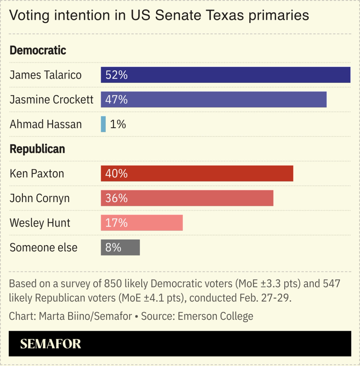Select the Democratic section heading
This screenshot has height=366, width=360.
point(38,50)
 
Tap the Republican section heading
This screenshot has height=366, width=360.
point(37,149)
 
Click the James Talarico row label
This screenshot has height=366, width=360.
point(46,75)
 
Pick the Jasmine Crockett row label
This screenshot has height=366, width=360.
point(52,99)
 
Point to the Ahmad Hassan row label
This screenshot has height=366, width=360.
point(46,124)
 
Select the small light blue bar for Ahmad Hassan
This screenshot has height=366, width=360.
point(103,124)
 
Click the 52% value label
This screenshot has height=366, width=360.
point(116,75)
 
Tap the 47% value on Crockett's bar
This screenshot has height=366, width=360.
point(116,99)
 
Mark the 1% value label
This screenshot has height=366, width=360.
point(118,124)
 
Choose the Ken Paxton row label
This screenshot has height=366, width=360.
point(37,174)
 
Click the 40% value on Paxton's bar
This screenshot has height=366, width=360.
point(116,174)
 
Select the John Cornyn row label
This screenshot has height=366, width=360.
point(40,198)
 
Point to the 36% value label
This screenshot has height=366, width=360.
point(116,198)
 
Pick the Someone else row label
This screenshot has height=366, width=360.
point(43,247)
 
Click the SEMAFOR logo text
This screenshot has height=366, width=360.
point(51,344)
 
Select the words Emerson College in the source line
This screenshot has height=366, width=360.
point(215,316)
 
